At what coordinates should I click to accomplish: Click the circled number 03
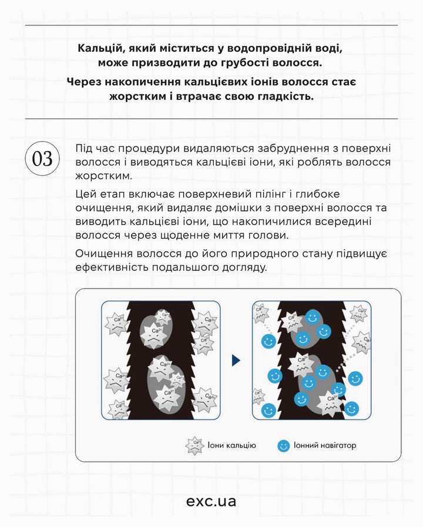42,159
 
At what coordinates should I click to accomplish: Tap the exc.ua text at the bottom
211,501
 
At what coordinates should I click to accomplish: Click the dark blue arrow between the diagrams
236,360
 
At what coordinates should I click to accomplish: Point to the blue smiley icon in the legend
284,445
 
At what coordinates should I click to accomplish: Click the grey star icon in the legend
194,446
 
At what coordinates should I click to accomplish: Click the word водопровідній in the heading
268,48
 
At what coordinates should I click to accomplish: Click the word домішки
226,208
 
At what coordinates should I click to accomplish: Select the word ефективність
112,267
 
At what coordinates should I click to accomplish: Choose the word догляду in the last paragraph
246,267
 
